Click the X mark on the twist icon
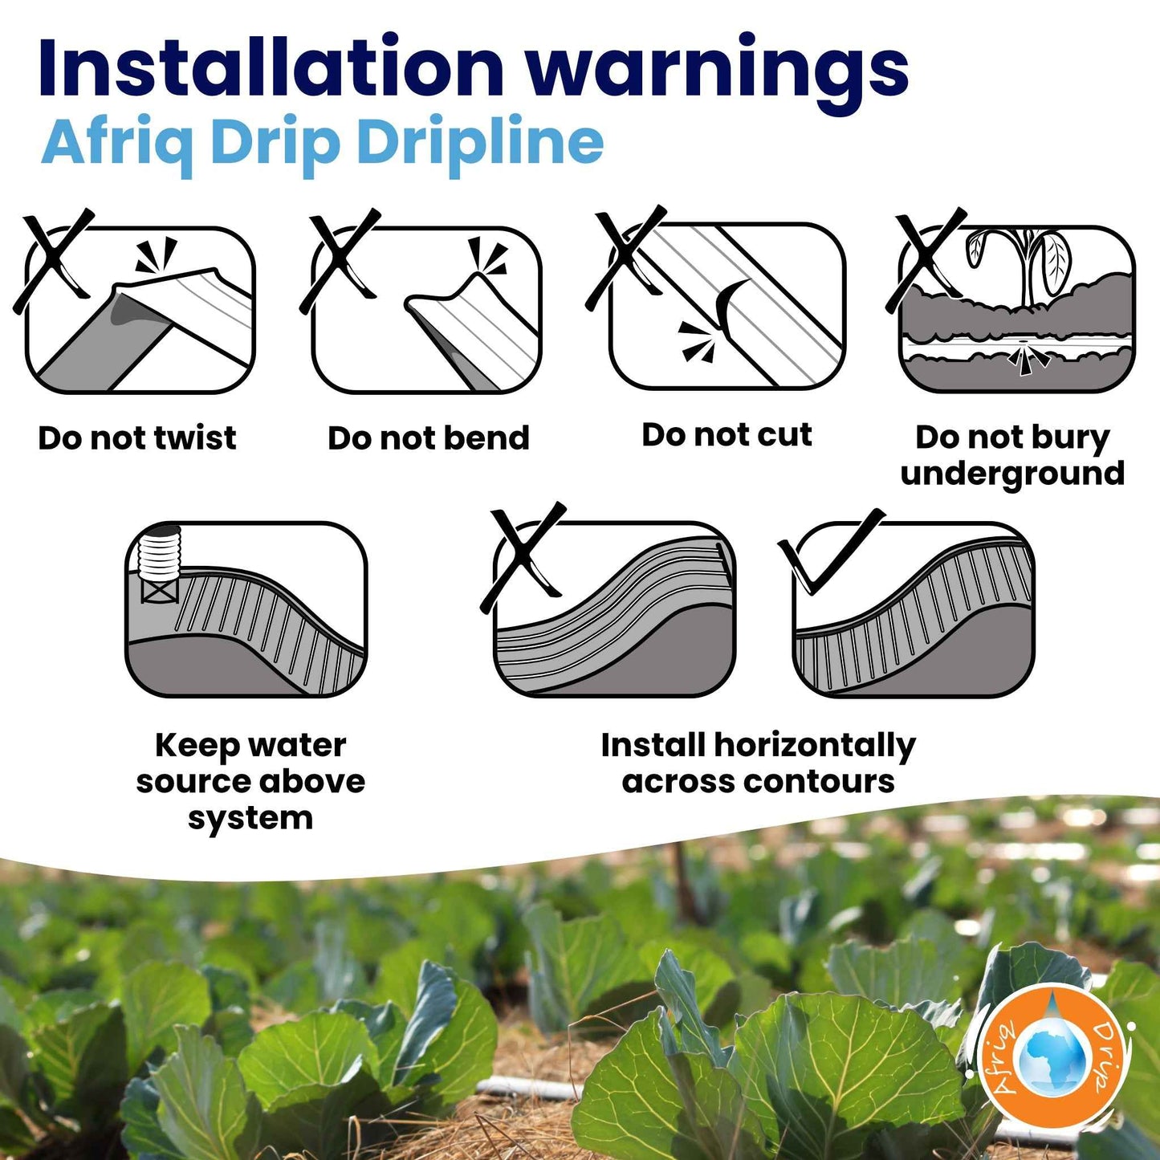[x=53, y=261]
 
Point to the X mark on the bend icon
[x=340, y=261]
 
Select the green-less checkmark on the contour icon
[x=831, y=551]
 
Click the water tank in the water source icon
[x=160, y=564]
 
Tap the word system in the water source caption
[x=250, y=820]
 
